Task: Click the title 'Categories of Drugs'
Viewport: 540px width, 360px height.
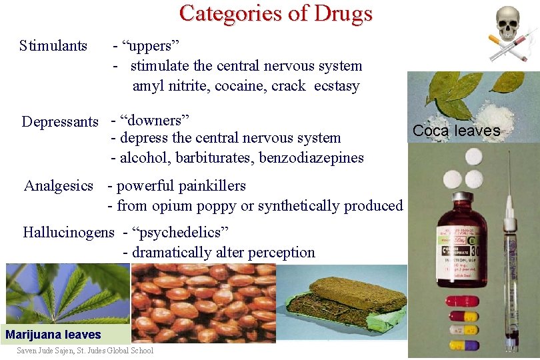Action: point(275,13)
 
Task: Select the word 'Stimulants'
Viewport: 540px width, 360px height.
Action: point(53,46)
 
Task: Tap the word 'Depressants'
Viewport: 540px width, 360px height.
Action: point(60,121)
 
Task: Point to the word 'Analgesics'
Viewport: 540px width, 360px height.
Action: point(59,186)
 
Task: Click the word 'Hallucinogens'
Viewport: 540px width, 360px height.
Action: point(69,233)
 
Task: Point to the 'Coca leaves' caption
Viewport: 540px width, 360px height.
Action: point(456,131)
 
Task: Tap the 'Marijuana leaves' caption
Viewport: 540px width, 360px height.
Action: point(53,335)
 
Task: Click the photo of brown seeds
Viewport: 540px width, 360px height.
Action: point(203,303)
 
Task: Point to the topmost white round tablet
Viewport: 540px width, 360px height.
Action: point(474,156)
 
